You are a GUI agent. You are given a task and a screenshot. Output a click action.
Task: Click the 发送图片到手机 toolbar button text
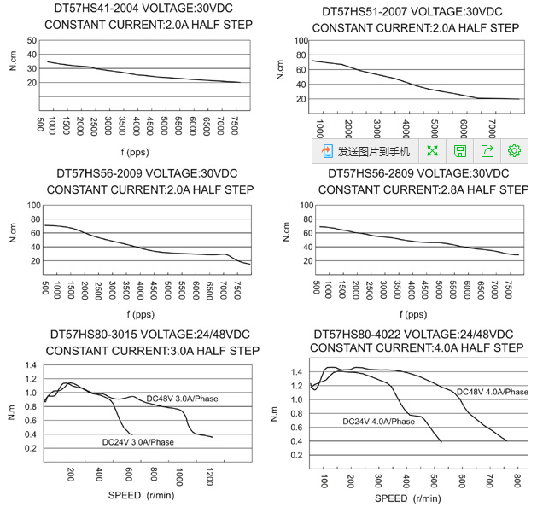pos(374,151)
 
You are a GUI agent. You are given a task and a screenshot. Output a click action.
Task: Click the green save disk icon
pos(459,151)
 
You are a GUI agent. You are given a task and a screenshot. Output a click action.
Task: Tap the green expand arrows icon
pos(432,151)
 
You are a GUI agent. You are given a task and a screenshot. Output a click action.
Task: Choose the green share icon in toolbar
pos(487,151)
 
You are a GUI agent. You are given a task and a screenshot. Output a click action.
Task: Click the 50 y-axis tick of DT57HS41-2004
pos(32,41)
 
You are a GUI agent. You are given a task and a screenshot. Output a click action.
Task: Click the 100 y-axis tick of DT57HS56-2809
pos(301,206)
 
